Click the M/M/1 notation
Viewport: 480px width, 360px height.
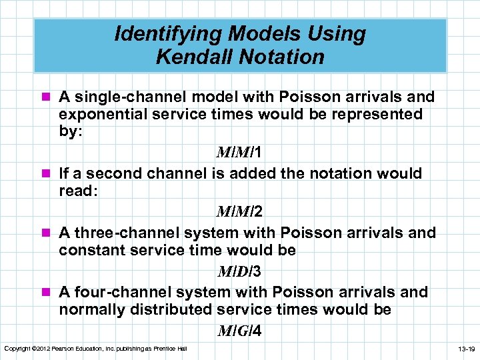pos(238,153)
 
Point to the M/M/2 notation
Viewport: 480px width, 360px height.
pos(239,212)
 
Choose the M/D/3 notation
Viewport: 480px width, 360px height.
pos(239,271)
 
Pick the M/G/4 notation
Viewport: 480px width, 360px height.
pos(239,331)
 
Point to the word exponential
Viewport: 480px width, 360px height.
pos(101,114)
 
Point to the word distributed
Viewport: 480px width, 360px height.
pos(171,309)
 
